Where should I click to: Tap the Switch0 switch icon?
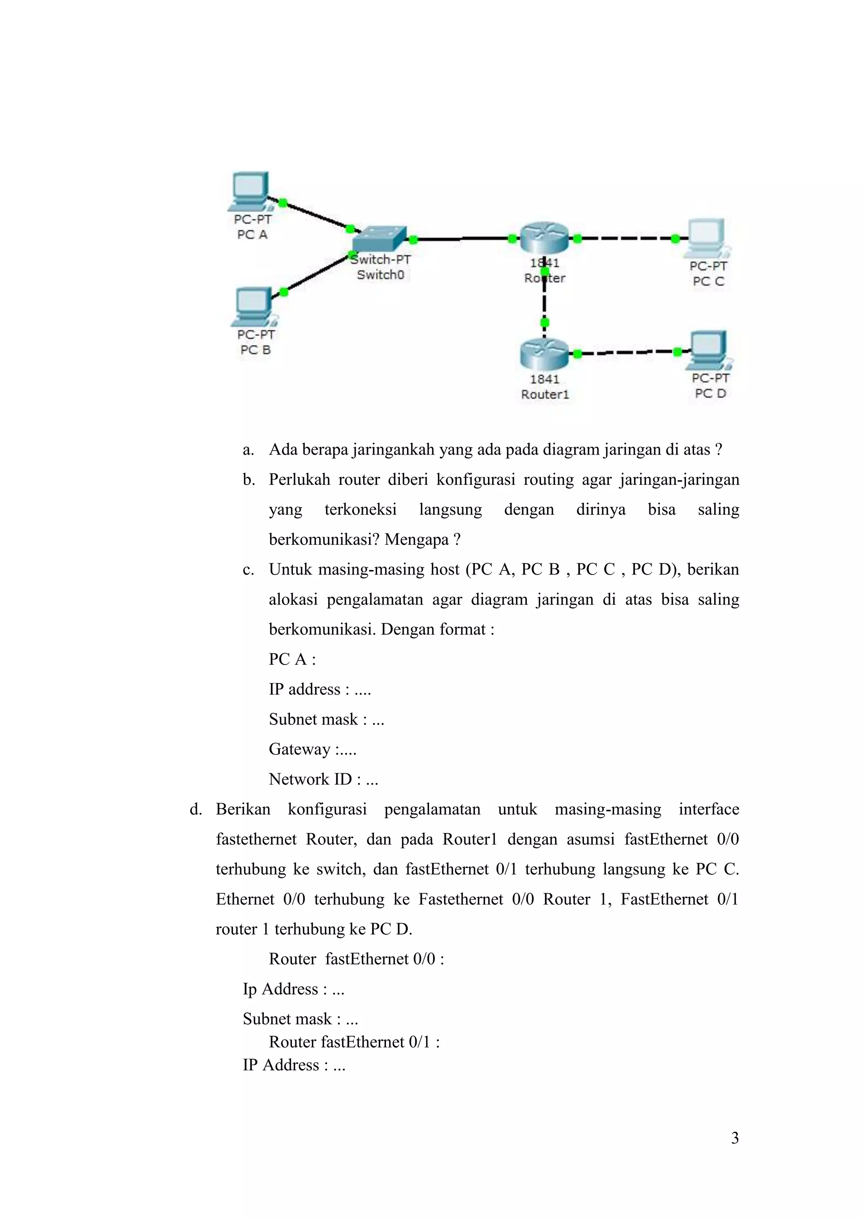379,241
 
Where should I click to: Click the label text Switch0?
381,275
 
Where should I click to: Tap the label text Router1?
545,394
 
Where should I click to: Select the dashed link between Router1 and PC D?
627,352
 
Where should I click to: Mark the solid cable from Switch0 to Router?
462,239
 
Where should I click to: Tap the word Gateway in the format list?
300,749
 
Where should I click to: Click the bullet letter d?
196,809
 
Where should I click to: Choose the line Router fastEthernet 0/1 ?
354,1042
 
